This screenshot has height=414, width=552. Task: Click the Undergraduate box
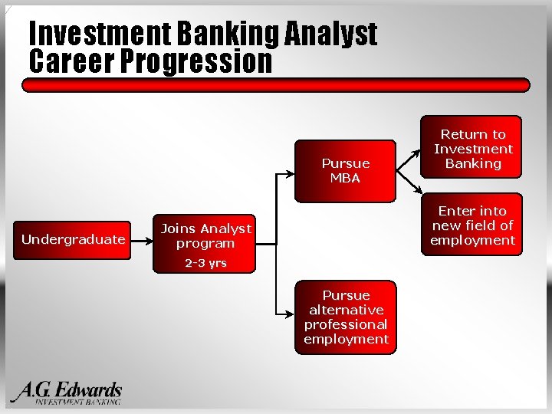tap(73, 239)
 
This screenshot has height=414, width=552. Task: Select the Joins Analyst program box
tap(205, 236)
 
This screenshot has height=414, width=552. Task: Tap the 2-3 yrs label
tap(205, 264)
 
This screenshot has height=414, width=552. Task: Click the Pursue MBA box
tap(345, 170)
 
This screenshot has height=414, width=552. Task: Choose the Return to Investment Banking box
tap(473, 149)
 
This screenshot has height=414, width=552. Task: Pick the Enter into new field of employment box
tap(473, 225)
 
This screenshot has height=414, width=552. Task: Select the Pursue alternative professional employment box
tap(346, 317)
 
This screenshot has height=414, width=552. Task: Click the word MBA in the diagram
tap(345, 178)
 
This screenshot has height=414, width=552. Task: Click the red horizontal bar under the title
tap(276, 85)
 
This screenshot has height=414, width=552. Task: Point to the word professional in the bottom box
tap(346, 324)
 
